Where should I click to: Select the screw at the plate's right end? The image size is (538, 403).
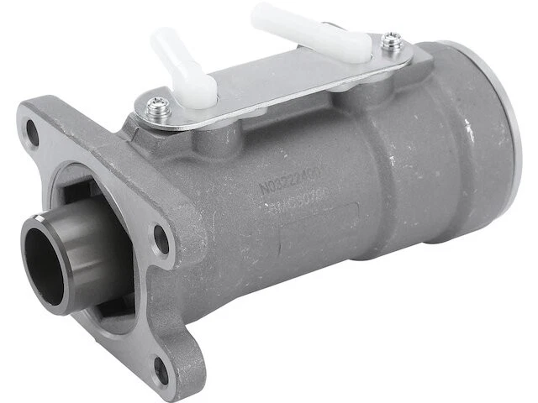(391, 39)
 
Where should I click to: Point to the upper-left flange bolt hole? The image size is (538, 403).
(32, 130)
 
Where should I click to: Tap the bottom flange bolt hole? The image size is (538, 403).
(161, 368)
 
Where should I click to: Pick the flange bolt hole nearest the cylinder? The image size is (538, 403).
(161, 240)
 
